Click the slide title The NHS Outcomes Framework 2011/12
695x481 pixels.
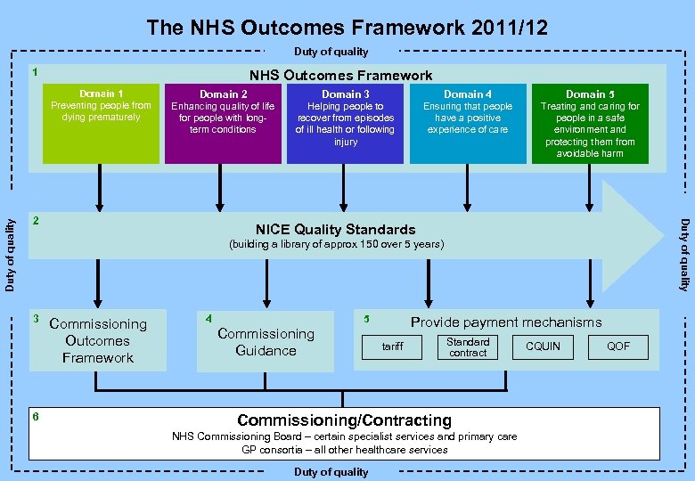click(x=347, y=28)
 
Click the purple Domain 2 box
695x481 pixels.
click(x=223, y=123)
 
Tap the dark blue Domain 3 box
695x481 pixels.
click(x=345, y=123)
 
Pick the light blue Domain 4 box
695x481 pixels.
click(x=468, y=123)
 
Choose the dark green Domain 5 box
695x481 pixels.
click(x=590, y=123)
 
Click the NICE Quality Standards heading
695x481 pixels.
click(x=335, y=229)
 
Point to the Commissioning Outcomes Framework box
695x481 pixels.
click(x=98, y=340)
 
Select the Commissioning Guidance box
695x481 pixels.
click(x=266, y=342)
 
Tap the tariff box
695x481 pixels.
click(x=392, y=346)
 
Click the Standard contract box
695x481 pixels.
click(x=468, y=346)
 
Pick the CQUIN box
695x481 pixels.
click(x=543, y=346)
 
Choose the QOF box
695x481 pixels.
click(x=618, y=346)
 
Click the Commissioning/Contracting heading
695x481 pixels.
click(x=344, y=420)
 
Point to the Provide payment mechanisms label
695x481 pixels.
click(x=505, y=322)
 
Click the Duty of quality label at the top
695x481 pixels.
click(x=331, y=52)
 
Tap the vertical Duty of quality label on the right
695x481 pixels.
click(x=684, y=255)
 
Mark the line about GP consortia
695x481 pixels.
click(x=344, y=450)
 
